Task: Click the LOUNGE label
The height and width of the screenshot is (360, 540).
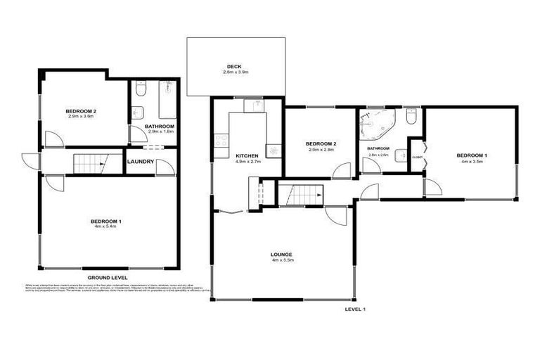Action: (x=281, y=254)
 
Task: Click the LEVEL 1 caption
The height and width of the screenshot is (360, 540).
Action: (x=356, y=309)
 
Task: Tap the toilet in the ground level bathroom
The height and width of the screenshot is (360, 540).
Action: (x=139, y=89)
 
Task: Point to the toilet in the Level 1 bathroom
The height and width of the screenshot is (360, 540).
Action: (x=411, y=117)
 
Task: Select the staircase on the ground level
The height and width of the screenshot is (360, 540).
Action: (x=89, y=163)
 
